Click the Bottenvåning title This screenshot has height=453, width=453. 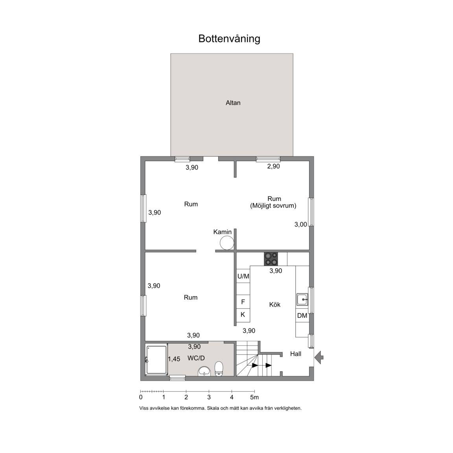[229, 39]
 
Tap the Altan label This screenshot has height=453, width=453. [233, 103]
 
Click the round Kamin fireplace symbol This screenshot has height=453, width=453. [227, 243]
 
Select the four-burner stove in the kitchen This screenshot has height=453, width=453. [271, 259]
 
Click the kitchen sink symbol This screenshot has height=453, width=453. [302, 300]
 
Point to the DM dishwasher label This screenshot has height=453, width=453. [302, 315]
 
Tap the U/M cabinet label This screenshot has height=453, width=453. [243, 276]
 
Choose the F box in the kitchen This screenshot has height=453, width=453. [243, 302]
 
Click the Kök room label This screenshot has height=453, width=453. [274, 304]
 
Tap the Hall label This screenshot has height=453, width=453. [296, 354]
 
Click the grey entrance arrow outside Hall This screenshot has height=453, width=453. [319, 358]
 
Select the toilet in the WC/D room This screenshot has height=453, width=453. [219, 369]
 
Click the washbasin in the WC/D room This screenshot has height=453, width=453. [205, 371]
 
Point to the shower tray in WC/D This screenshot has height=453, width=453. [157, 360]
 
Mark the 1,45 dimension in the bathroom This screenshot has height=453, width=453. [174, 359]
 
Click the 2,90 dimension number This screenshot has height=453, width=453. [273, 166]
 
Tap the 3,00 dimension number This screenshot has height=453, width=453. [300, 225]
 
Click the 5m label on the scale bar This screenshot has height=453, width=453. [254, 397]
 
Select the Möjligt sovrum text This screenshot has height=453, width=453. [273, 206]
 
